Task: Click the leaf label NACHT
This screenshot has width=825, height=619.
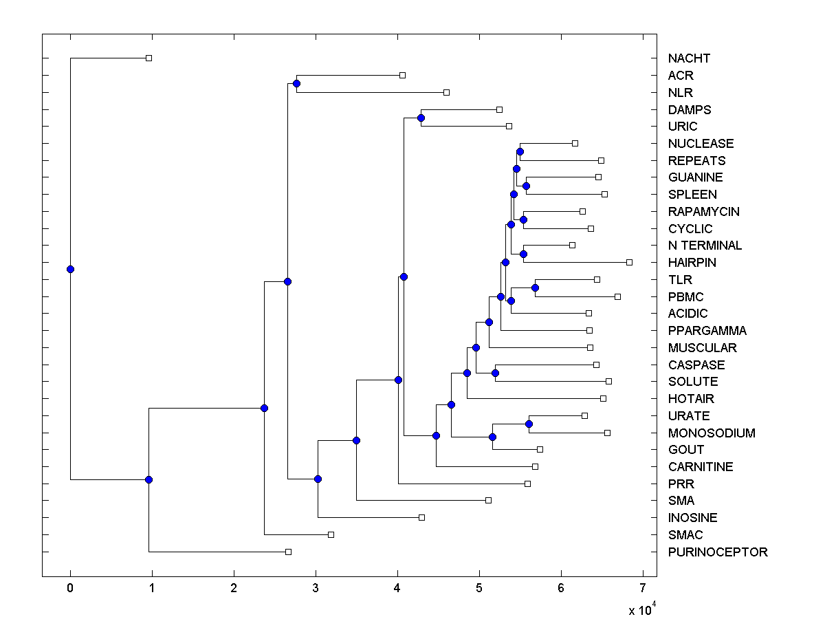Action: click(x=689, y=58)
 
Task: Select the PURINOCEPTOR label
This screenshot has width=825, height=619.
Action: click(x=718, y=552)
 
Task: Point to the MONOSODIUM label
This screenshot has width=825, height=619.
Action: click(x=712, y=433)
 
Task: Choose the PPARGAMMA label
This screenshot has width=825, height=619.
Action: click(x=707, y=331)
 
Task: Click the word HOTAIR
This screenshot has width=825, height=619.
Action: click(x=691, y=399)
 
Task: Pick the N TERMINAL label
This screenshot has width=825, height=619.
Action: click(x=705, y=246)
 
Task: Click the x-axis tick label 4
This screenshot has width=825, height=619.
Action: click(x=397, y=587)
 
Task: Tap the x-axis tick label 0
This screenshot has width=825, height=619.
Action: click(x=70, y=587)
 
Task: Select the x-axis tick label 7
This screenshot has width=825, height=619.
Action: click(x=643, y=587)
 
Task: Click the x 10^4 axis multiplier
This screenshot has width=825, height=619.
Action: click(x=641, y=609)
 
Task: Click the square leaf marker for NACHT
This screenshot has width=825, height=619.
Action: click(x=148, y=58)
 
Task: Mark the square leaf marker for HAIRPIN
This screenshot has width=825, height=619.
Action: click(x=629, y=262)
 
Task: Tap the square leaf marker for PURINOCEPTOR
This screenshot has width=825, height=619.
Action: click(x=288, y=552)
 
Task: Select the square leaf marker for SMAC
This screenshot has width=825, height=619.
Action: click(x=331, y=534)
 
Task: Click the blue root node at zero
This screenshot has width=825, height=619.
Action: click(x=70, y=269)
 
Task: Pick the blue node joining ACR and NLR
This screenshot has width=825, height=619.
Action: click(x=296, y=84)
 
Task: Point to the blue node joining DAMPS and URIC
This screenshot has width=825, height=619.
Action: click(x=421, y=118)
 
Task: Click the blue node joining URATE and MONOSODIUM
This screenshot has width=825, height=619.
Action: click(x=529, y=424)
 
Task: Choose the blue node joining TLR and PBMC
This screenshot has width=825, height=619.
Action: click(x=535, y=287)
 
